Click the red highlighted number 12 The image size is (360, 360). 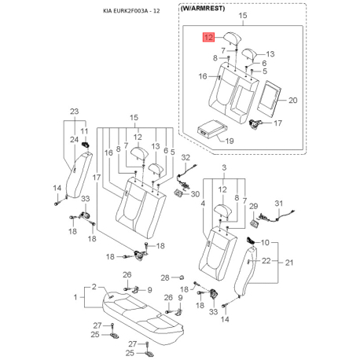pos(208,37)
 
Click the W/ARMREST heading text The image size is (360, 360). pos(203,9)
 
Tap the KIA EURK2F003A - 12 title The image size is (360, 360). pos(131,11)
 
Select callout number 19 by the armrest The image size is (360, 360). pos(230,141)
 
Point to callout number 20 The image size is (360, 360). pos(292,101)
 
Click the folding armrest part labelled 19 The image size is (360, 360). pos(211,128)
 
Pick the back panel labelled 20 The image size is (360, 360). pos(270,97)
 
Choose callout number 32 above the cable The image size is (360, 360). pos(186,157)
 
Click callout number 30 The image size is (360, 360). pos(195,194)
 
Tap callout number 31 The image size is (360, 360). pos(279,203)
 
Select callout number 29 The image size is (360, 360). pos(253,206)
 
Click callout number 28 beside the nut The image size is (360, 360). pos(165,277)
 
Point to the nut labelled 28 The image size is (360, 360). pos(181,277)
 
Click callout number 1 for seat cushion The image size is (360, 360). pos(75,297)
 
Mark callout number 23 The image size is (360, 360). pos(74,112)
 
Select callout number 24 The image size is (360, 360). pos(74,140)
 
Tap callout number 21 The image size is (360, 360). pos(289,263)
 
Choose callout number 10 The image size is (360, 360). pos(265,242)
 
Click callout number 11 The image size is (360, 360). pos(84,131)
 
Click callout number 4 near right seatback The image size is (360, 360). pos(203,204)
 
